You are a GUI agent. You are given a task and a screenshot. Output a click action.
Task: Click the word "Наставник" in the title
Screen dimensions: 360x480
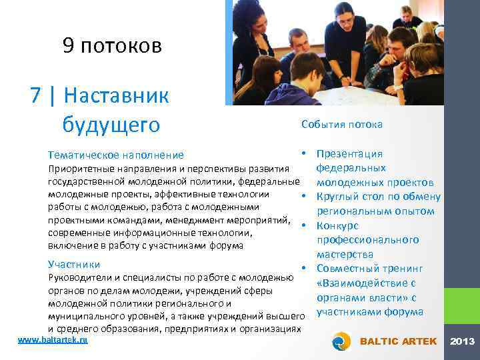(117, 96)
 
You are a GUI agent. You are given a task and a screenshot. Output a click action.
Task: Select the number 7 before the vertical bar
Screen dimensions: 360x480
(37, 96)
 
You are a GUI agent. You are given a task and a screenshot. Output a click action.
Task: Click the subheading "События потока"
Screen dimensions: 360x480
(342, 125)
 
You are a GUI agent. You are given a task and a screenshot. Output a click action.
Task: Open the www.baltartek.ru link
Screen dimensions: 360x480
(53, 340)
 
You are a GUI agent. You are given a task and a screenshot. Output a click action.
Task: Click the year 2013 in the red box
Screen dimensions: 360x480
(463, 341)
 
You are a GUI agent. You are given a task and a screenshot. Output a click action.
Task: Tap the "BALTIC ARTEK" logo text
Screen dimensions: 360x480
(398, 341)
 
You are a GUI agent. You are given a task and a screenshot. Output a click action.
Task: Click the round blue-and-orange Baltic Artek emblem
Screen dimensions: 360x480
(341, 342)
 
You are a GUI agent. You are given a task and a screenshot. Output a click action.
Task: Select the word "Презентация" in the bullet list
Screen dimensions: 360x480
(349, 154)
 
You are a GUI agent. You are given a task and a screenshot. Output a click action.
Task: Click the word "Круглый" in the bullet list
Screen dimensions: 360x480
(340, 197)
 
